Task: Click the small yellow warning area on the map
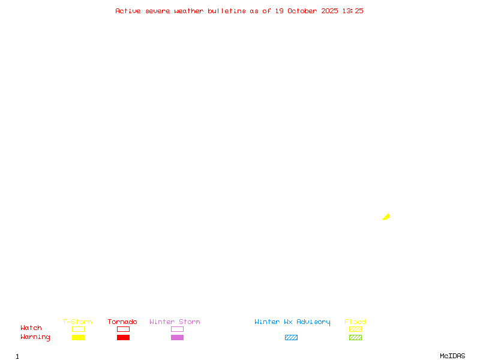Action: pyautogui.click(x=386, y=217)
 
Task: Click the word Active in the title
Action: pyautogui.click(x=128, y=11)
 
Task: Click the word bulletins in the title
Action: pyautogui.click(x=226, y=11)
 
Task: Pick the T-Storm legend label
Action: pyautogui.click(x=77, y=322)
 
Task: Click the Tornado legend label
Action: pyautogui.click(x=122, y=322)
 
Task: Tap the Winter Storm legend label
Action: pyautogui.click(x=175, y=322)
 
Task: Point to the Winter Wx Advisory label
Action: pyautogui.click(x=292, y=322)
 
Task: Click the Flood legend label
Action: pyautogui.click(x=355, y=322)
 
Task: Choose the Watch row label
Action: pyautogui.click(x=31, y=328)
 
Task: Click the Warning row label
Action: pyautogui.click(x=35, y=337)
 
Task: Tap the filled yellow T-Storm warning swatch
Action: pyautogui.click(x=78, y=338)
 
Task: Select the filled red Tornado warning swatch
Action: pyautogui.click(x=123, y=338)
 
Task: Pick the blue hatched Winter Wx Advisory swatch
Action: pyautogui.click(x=291, y=338)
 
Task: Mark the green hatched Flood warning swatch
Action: pyautogui.click(x=355, y=338)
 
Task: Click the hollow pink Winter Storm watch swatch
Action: pyautogui.click(x=177, y=329)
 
